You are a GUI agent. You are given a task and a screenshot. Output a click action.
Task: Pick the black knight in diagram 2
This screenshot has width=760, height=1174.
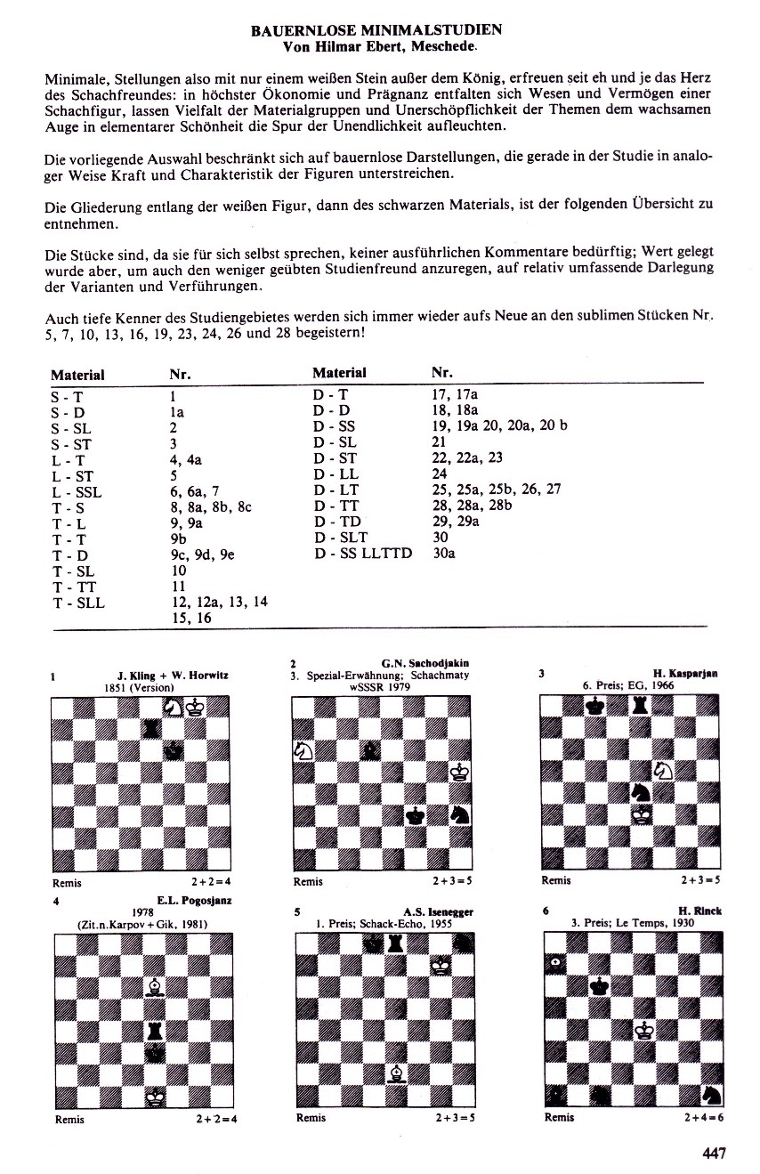460,814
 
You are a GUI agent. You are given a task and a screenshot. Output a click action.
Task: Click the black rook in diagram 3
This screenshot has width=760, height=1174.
638,707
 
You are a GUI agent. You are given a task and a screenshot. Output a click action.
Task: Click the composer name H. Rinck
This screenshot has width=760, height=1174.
700,911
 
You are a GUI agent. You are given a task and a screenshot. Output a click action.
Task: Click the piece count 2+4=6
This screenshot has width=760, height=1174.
703,1117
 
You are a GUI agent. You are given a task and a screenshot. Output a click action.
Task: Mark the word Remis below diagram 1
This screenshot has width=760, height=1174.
68,883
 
